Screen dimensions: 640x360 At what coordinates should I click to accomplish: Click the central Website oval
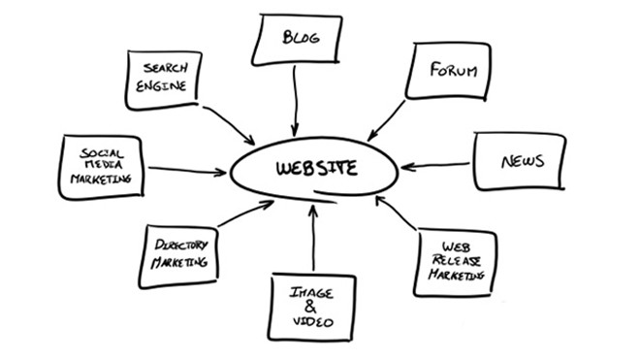coord(315,170)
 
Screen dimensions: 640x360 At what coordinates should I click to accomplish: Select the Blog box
coord(299,40)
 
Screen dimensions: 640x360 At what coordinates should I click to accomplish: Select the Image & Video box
coord(312,307)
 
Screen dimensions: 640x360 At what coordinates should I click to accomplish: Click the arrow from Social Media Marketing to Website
coord(186,171)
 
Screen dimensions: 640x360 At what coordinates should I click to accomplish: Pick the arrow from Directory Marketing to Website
coord(245,213)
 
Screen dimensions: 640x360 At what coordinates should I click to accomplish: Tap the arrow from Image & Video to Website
coord(313,238)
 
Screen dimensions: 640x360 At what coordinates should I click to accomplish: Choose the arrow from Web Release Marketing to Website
coord(398,217)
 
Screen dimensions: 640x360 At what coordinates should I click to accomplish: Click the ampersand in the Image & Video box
coord(311,307)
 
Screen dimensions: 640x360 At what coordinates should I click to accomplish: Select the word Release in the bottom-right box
coord(456,261)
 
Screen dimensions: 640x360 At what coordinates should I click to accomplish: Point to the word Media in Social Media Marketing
coord(101,166)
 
